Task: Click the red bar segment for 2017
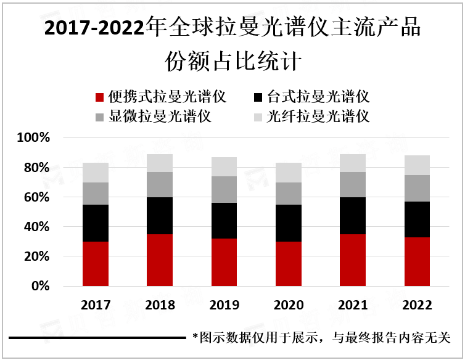96,264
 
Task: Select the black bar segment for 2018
160,216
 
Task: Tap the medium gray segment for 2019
224,189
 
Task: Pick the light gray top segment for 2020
289,173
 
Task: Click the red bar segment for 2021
353,260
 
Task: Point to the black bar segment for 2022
417,219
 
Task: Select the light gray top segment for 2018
160,163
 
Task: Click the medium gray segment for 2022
417,188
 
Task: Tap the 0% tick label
39,287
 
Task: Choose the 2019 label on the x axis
224,305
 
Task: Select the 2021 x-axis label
353,305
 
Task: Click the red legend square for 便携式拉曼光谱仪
99,97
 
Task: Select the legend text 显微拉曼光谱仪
160,117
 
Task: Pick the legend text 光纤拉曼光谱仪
318,117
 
